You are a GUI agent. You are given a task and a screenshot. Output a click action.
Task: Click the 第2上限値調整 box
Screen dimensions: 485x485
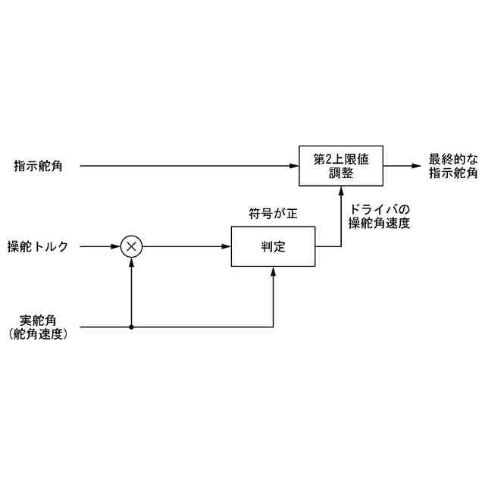tap(340, 165)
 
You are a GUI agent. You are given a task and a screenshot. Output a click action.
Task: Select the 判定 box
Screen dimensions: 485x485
tap(273, 246)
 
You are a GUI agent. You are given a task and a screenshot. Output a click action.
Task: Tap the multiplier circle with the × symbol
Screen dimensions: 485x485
tap(132, 246)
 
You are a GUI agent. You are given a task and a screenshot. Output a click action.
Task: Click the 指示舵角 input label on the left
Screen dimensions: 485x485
tap(38, 165)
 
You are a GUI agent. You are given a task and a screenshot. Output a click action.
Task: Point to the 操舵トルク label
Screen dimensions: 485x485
tap(38, 246)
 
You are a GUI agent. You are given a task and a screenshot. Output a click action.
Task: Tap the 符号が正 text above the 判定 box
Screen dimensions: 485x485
tap(273, 214)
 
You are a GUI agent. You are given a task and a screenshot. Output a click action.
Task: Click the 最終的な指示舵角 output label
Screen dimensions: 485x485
tap(453, 166)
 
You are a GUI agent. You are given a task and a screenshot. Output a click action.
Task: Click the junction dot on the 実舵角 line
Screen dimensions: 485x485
tap(132, 327)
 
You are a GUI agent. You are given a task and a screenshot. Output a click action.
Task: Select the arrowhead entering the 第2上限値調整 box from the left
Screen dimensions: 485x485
tap(294, 165)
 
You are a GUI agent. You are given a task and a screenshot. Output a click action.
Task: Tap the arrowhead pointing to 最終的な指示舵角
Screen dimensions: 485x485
tap(417, 165)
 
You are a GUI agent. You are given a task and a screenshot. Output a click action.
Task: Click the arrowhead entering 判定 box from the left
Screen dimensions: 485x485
tap(227, 246)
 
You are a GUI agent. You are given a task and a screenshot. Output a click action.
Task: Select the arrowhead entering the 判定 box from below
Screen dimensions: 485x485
tap(273, 271)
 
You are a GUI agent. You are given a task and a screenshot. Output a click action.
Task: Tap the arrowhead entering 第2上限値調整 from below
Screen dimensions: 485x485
tap(340, 191)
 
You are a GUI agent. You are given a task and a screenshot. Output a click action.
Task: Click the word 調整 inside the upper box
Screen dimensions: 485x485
tap(340, 173)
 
